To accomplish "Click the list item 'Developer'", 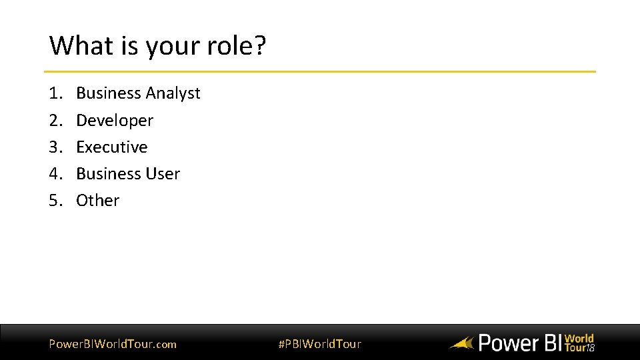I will click(115, 121).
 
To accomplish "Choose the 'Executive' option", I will click(112, 147).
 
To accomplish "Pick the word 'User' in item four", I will click(163, 173).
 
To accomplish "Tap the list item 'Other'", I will click(98, 200).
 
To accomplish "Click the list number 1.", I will click(55, 93).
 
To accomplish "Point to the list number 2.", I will click(55, 121).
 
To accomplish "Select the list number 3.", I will click(55, 147).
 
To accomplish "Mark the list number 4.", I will click(55, 173).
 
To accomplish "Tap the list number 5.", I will click(55, 200).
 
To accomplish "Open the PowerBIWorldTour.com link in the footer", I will click(113, 344).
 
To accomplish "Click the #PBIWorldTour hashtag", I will click(319, 344).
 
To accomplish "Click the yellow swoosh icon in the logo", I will click(461, 344).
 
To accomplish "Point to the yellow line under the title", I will click(320, 71).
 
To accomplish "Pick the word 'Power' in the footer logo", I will click(509, 343).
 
